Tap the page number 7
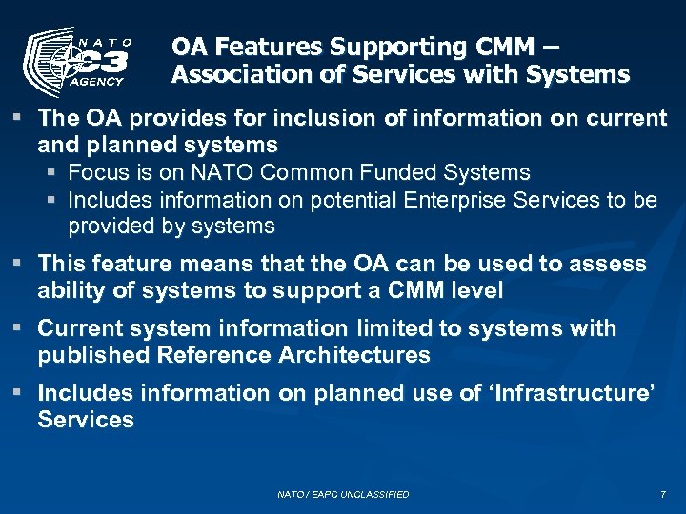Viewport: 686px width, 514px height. point(662,495)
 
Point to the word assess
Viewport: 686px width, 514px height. point(610,264)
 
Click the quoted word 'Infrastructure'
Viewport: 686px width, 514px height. point(575,393)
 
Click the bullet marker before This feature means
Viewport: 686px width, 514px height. point(19,263)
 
